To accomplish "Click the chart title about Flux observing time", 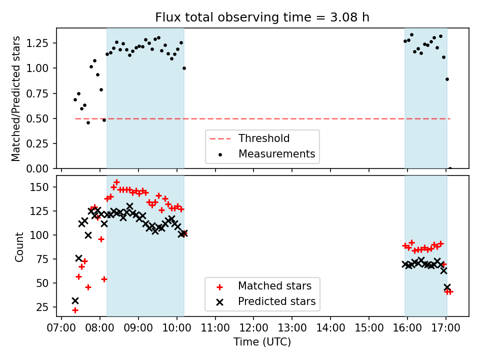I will point(262,18).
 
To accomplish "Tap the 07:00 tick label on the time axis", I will point(61,328).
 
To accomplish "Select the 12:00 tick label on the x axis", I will point(253,328).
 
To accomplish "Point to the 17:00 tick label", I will point(445,328).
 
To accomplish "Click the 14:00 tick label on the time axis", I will point(330,328).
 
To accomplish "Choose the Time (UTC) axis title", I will point(262,342).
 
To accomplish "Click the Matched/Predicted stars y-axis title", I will point(16,98).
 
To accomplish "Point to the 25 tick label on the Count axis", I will point(48,306).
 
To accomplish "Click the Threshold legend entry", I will point(264,138).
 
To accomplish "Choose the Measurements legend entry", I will point(276,153).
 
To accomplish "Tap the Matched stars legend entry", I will point(274,286).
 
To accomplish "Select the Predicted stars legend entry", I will point(276,301).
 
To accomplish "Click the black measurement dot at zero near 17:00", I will point(450,168).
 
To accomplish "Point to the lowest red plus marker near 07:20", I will point(75,310).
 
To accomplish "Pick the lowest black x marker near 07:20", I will point(75,300).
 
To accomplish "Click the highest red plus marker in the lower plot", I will point(116,182).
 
